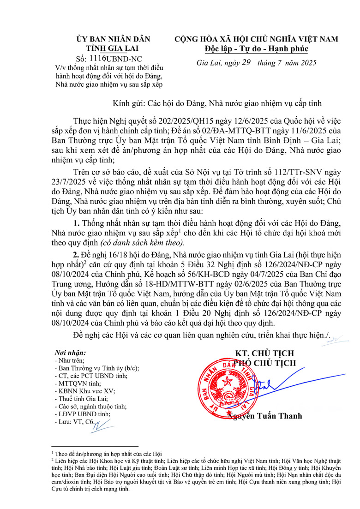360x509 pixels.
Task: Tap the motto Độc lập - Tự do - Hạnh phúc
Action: pos(256,48)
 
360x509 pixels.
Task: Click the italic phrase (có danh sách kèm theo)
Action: pos(145,243)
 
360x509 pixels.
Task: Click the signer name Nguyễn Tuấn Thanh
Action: pos(265,416)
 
